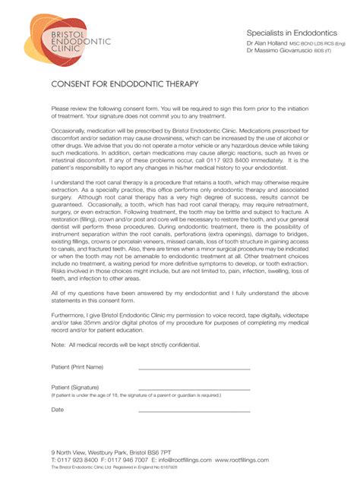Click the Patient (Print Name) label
(77, 366)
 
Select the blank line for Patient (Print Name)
(194, 370)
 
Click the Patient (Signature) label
(75, 388)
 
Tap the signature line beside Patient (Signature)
(194, 390)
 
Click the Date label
(58, 409)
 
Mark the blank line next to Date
(194, 411)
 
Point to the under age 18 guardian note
(136, 395)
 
